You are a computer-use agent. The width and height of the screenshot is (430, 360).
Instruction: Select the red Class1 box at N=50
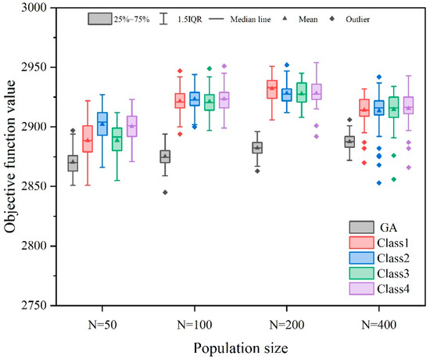(88, 139)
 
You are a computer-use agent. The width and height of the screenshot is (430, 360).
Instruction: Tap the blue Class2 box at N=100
(195, 99)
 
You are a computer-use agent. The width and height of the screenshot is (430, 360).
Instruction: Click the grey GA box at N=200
(256, 147)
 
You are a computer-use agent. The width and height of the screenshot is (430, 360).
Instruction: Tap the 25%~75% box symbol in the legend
(99, 17)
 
